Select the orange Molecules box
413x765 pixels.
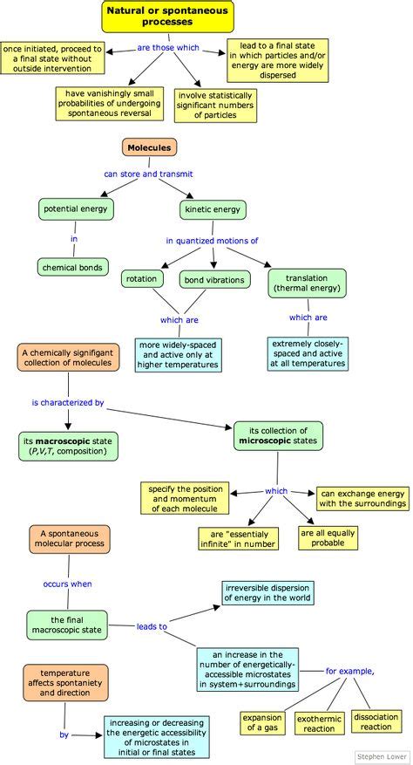[149, 148]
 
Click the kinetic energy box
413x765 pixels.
[213, 209]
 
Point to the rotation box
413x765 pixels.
[141, 279]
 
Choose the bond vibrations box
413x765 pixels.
[214, 279]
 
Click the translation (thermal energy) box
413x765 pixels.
[308, 282]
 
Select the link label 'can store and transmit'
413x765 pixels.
[149, 174]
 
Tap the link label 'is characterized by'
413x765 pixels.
[68, 403]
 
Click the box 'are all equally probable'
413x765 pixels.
[328, 537]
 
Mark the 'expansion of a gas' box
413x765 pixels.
[265, 721]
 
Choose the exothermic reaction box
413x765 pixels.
[320, 721]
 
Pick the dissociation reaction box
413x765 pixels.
[376, 721]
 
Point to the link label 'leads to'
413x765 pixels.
[151, 626]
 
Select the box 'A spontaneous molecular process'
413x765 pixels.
[70, 537]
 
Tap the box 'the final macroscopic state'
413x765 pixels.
[67, 624]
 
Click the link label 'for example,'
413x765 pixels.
[350, 671]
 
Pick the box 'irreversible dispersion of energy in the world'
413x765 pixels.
[267, 592]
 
